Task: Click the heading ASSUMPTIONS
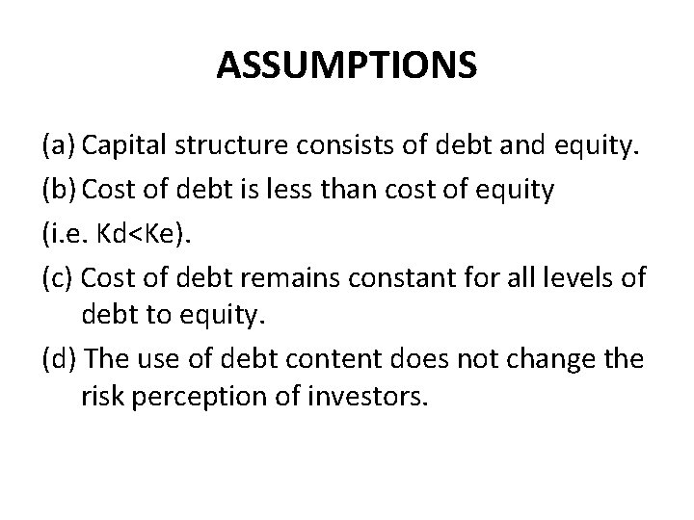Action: click(x=346, y=65)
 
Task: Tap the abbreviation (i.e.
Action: click(x=67, y=232)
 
